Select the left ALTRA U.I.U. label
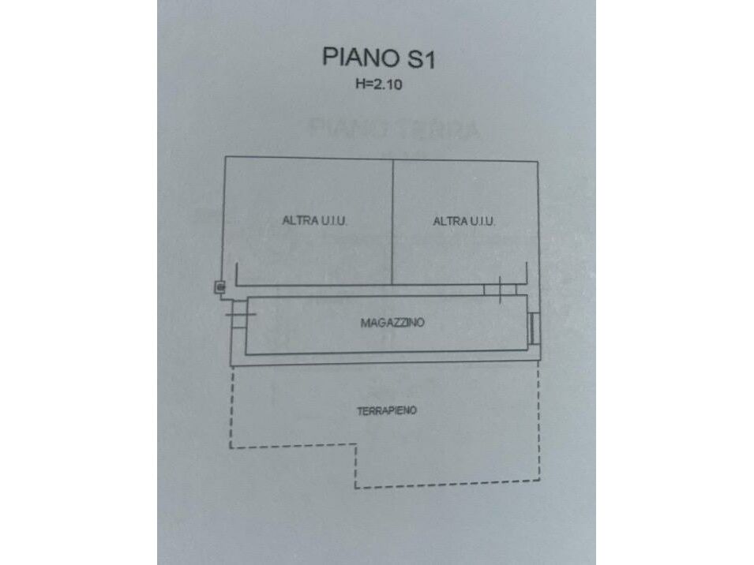pos(315,221)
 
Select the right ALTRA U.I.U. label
pos(464,222)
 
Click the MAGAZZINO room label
pos(392,323)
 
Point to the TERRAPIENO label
pos(386,410)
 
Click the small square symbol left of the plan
pos(220,288)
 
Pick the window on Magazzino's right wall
pos(535,327)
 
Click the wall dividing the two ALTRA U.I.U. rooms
pos(393,221)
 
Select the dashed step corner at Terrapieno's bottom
pos(355,447)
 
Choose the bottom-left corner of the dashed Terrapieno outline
pos(231,447)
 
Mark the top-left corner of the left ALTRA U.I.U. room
pos(225,158)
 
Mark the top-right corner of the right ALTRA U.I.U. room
pos(539,162)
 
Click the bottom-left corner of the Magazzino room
pos(246,354)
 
